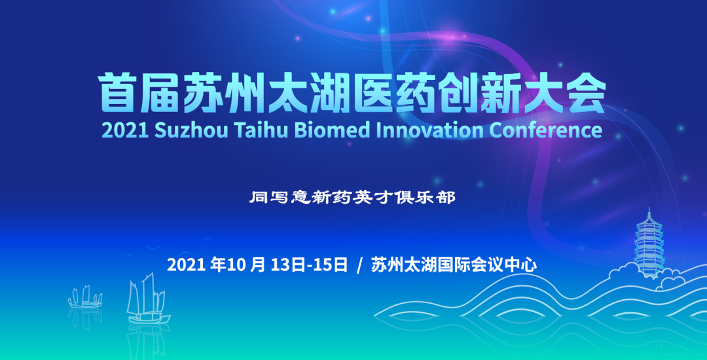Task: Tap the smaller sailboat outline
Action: [x=85, y=297]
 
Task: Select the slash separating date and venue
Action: [x=359, y=265]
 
